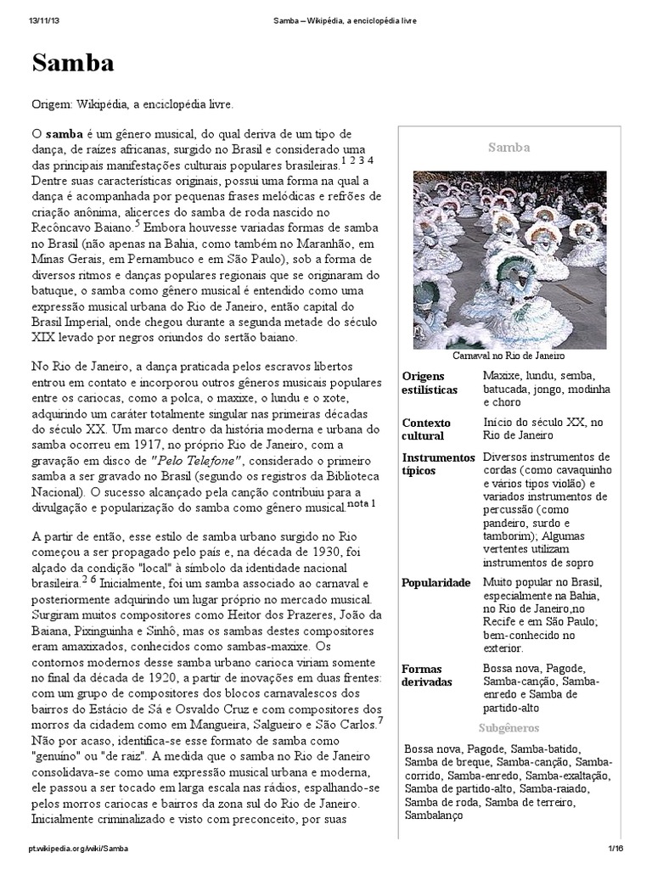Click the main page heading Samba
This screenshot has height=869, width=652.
(x=73, y=64)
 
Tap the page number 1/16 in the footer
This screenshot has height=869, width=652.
(x=615, y=849)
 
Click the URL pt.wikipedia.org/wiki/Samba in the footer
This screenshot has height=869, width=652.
(x=78, y=849)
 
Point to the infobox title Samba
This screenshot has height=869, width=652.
(x=509, y=148)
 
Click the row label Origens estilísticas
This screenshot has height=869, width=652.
(x=430, y=383)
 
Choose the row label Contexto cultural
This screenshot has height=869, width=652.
(x=426, y=429)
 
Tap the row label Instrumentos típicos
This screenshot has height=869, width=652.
(x=438, y=464)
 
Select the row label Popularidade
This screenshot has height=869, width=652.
(x=436, y=584)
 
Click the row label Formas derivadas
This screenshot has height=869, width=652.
(x=422, y=675)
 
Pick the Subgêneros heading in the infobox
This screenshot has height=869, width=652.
(x=509, y=727)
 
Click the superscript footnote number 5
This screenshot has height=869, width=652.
(x=137, y=223)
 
